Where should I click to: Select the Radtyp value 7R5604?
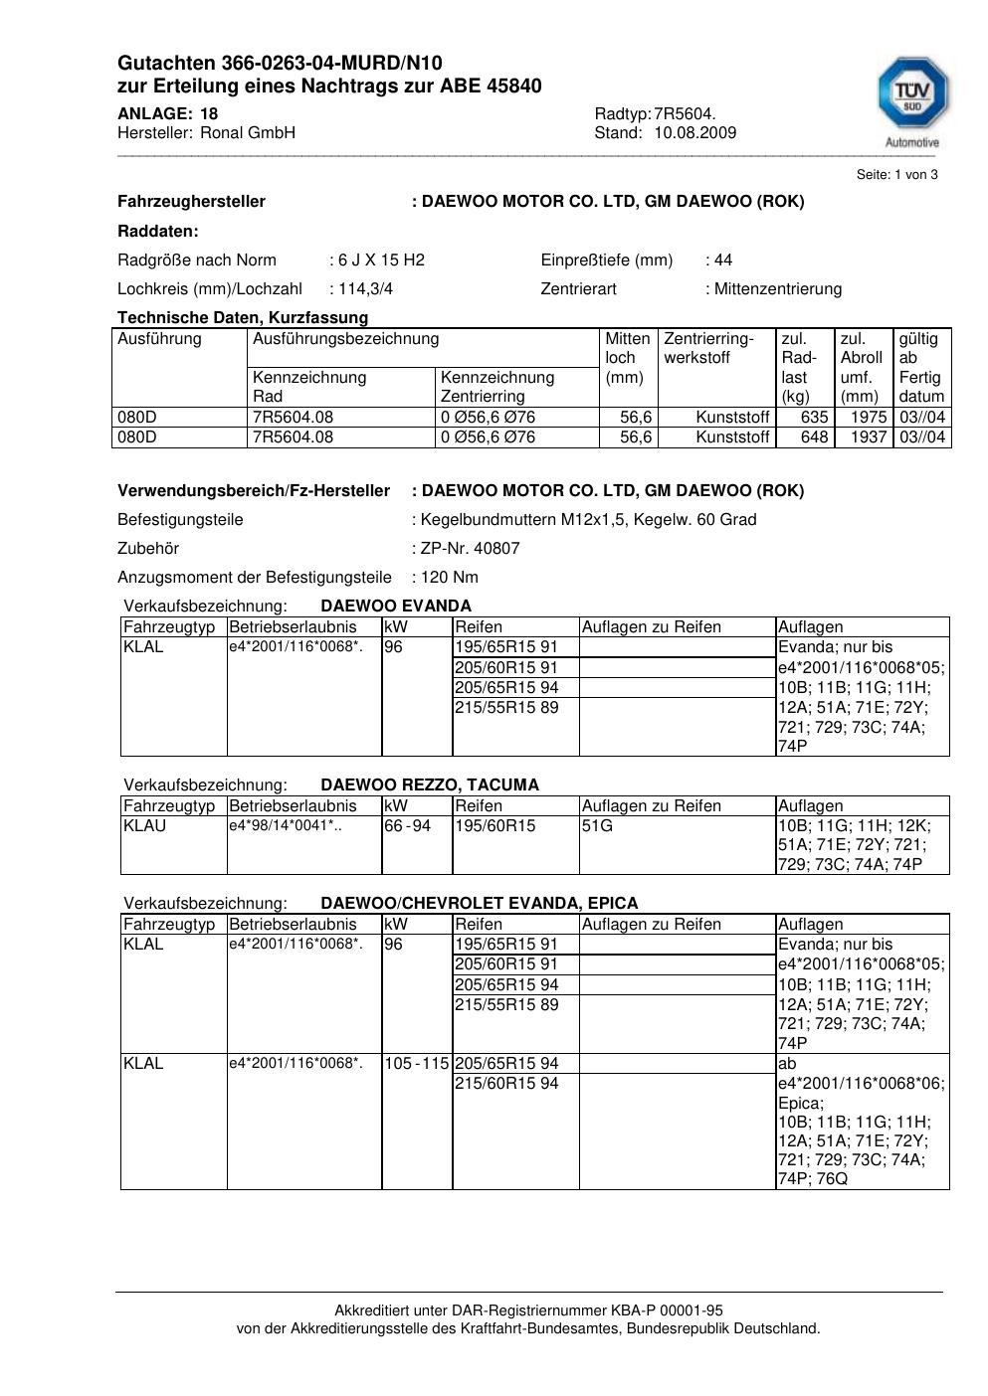click(685, 114)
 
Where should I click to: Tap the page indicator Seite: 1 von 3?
click(896, 175)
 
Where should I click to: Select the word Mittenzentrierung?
click(778, 289)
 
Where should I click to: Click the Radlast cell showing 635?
click(814, 418)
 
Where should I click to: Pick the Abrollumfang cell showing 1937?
click(869, 437)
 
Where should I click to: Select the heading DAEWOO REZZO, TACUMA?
click(429, 785)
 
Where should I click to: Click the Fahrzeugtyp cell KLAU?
click(145, 826)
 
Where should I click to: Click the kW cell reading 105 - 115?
click(417, 1064)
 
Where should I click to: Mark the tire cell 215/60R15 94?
click(506, 1084)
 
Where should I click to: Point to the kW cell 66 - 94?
click(407, 826)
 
